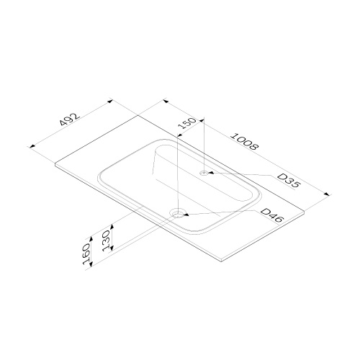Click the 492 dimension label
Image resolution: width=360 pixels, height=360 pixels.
pos(69,119)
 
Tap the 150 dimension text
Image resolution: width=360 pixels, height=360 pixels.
pos(188,123)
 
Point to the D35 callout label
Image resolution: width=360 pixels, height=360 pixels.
pos(289,181)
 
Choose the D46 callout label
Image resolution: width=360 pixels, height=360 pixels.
pos(272,216)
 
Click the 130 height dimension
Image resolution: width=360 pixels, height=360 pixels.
pos(106,240)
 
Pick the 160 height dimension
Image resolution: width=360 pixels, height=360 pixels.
pos(86,253)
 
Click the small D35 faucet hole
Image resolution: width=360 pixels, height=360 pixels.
pos(204,173)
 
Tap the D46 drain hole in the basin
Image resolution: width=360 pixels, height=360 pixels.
pos(178,214)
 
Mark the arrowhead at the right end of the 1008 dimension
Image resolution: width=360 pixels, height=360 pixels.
pos(327,194)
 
